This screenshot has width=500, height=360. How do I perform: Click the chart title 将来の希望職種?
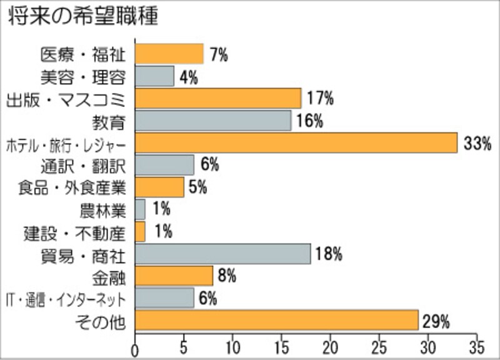(82, 16)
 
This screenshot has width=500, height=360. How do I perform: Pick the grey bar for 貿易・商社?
(222, 254)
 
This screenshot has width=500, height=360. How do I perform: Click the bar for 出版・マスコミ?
(218, 98)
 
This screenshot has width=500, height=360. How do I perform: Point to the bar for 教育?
(213, 121)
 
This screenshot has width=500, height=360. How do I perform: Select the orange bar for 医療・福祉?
(169, 54)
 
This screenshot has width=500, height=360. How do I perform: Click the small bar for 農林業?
(140, 209)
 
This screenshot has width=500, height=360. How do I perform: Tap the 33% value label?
(478, 144)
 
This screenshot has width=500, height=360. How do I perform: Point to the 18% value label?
(328, 254)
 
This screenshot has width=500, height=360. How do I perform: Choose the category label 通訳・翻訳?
(83, 166)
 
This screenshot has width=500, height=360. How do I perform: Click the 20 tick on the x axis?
(331, 346)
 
